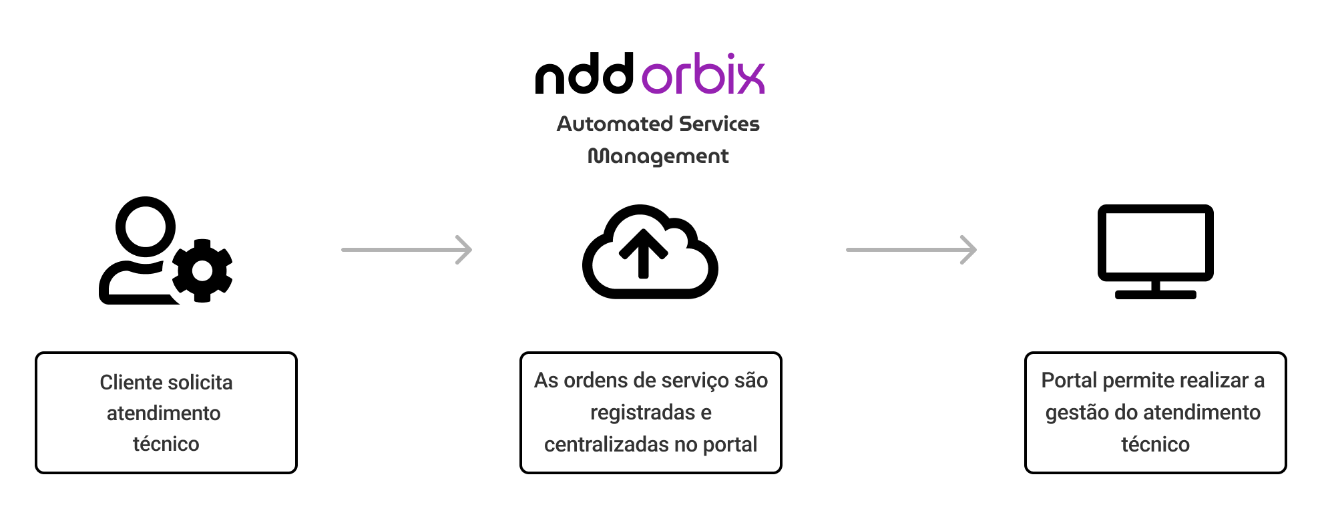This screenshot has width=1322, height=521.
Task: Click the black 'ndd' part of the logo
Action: click(x=584, y=75)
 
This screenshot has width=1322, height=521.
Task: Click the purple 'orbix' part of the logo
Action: click(x=703, y=75)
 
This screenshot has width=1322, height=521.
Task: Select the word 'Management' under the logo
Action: click(x=658, y=156)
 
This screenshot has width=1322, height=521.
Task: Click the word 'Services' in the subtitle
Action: click(x=719, y=124)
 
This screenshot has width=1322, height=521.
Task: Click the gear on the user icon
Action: click(x=202, y=271)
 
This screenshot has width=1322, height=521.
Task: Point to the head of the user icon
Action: click(x=146, y=226)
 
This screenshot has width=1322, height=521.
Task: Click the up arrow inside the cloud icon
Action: click(x=643, y=253)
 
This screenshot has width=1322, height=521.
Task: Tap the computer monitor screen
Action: click(x=1155, y=242)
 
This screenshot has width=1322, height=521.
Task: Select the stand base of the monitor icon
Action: click(x=1155, y=295)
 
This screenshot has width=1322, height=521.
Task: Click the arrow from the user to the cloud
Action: click(x=407, y=250)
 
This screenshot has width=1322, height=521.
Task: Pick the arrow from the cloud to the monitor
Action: click(x=911, y=250)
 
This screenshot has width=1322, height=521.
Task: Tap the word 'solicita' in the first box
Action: click(x=200, y=383)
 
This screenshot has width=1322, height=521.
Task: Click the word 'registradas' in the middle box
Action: click(x=642, y=413)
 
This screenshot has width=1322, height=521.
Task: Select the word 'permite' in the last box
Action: click(x=1138, y=381)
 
